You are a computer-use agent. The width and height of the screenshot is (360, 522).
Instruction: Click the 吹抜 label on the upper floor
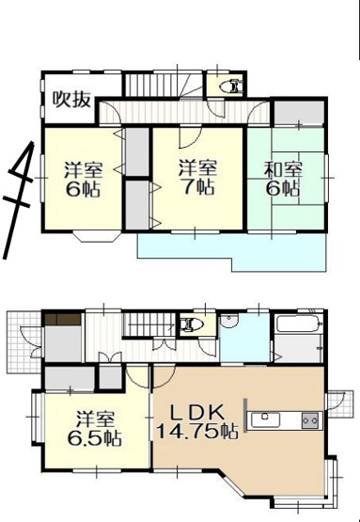71,97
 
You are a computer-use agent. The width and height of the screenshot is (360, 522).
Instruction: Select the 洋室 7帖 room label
198,176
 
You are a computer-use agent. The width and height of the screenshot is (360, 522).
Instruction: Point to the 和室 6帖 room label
283,178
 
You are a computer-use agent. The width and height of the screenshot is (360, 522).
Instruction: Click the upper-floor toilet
230,87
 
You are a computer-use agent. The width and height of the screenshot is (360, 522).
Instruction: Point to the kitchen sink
268,420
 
